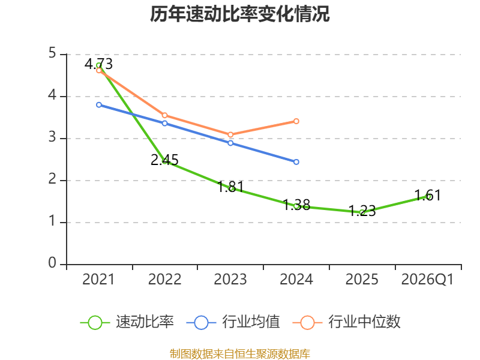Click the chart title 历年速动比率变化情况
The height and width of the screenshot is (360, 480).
coord(239,14)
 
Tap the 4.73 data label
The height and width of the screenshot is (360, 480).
coord(98,64)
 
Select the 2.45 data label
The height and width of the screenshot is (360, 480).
coord(164,160)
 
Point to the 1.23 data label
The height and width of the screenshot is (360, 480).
coord(362,211)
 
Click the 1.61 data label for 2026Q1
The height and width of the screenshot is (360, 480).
coord(428,196)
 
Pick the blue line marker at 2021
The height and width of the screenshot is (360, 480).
coord(99,105)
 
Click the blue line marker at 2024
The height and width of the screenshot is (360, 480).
coord(296,162)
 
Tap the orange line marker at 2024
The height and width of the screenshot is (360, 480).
coord(296,121)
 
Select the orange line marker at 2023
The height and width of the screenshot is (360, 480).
coord(230,134)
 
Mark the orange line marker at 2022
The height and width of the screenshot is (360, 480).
coord(164,115)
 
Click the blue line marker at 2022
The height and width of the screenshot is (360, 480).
coord(164,124)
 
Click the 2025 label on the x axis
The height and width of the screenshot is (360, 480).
coord(362,280)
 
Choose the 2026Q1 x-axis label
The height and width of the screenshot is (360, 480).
coord(427,280)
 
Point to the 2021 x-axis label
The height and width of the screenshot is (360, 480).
coord(98,280)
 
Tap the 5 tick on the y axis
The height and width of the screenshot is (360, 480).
coord(52,53)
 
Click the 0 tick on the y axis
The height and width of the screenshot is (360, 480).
coord(52,263)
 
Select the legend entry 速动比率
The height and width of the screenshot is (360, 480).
coord(127,322)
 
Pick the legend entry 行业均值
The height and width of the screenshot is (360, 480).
coord(233,322)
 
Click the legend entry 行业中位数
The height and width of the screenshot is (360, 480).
coord(347,322)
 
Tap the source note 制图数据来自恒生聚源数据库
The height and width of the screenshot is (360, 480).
coord(239,354)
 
